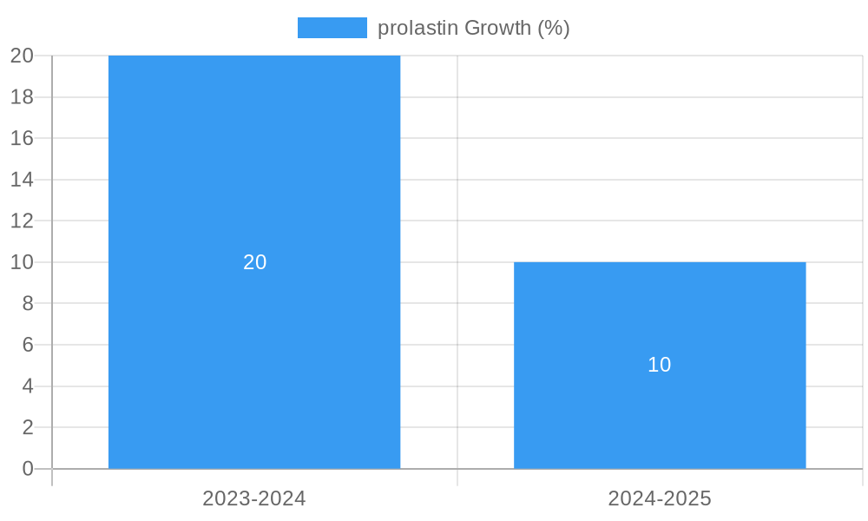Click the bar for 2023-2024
(x=254, y=174)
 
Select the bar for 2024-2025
(x=660, y=408)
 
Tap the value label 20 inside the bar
(x=254, y=262)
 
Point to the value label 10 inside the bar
(x=660, y=365)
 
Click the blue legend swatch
(x=332, y=28)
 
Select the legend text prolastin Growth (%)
(x=473, y=28)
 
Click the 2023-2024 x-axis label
(x=254, y=498)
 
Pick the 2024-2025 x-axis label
(x=660, y=498)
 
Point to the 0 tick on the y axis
(x=28, y=469)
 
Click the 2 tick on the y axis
(x=28, y=427)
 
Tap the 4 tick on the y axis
(x=28, y=386)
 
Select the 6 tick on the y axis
(x=28, y=345)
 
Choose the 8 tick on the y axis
(x=28, y=303)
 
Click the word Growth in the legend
(x=497, y=28)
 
